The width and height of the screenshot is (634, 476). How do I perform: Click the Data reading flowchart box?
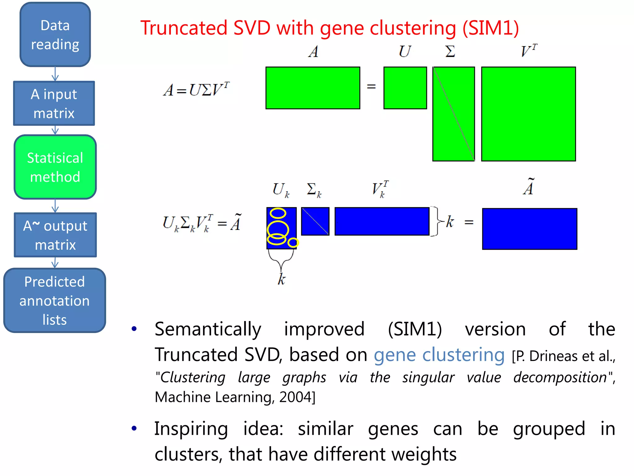click(x=55, y=34)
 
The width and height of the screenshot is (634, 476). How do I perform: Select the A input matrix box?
click(x=54, y=103)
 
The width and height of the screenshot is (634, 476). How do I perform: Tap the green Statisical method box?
click(x=55, y=167)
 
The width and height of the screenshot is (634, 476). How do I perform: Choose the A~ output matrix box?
click(x=55, y=235)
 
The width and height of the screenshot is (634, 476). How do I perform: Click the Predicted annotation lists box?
click(x=55, y=300)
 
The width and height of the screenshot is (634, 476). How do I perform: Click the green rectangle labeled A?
click(x=313, y=88)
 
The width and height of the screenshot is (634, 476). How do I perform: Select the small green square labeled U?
click(x=405, y=88)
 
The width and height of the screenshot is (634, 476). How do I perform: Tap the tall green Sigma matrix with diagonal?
click(x=454, y=114)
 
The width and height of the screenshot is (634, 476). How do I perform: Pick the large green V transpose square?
click(x=528, y=114)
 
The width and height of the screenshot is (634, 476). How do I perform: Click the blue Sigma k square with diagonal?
click(x=315, y=221)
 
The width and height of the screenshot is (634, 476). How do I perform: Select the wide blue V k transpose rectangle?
click(x=382, y=221)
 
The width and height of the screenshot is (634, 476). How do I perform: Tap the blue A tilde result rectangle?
click(x=529, y=229)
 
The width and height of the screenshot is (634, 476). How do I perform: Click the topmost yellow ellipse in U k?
click(x=278, y=213)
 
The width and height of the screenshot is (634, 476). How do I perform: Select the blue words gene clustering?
click(x=439, y=355)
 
